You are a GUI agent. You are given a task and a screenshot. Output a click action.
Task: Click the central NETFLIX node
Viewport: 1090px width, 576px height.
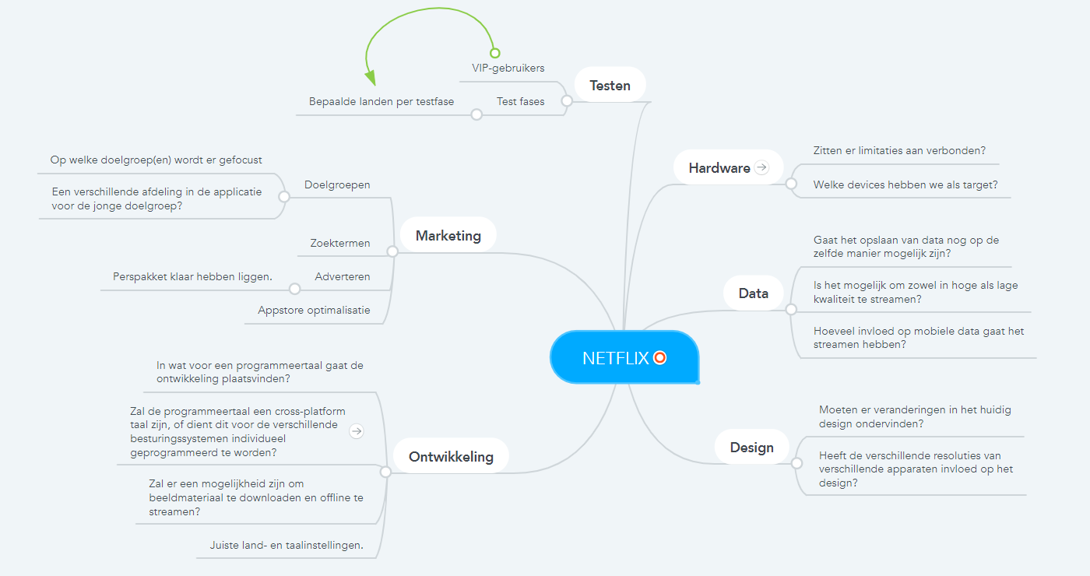pos(615,358)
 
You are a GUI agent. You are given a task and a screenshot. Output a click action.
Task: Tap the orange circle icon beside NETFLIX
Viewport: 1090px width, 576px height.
pos(660,358)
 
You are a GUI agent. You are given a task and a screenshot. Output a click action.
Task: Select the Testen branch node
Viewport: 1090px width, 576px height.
pos(610,85)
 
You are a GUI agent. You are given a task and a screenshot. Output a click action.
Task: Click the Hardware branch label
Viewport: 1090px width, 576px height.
pos(719,167)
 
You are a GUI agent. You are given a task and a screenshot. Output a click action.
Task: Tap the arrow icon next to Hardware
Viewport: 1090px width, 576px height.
pos(761,167)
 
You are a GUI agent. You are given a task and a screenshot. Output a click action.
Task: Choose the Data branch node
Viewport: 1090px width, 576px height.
pos(753,293)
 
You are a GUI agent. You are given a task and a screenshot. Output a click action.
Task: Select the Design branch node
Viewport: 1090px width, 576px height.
pos(751,448)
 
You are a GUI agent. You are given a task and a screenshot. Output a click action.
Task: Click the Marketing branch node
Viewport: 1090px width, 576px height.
pos(448,235)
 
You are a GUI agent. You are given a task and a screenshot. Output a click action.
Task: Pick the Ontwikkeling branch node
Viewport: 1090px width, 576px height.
pos(451,456)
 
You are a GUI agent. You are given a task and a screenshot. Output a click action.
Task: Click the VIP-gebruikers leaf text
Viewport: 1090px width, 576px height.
pos(508,68)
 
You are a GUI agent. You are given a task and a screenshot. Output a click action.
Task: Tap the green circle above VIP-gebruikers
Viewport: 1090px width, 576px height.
pos(494,53)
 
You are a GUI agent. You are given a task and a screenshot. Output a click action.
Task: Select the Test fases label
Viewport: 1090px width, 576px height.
pos(520,101)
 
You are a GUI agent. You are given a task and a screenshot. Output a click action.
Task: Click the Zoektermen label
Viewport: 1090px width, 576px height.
pos(339,243)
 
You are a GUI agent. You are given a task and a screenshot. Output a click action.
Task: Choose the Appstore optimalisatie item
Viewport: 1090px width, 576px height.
pos(314,310)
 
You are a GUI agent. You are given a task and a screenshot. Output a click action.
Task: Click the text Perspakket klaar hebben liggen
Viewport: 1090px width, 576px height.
pos(192,276)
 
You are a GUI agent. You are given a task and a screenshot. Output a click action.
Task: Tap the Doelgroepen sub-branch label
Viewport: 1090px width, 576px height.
pos(337,184)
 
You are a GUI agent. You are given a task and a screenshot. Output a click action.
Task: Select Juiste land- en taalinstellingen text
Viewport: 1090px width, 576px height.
pos(286,545)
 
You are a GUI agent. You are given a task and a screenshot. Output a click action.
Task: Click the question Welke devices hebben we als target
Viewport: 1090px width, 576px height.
pos(905,184)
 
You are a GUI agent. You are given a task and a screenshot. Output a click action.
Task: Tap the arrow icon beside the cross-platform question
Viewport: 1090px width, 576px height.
pos(357,431)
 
